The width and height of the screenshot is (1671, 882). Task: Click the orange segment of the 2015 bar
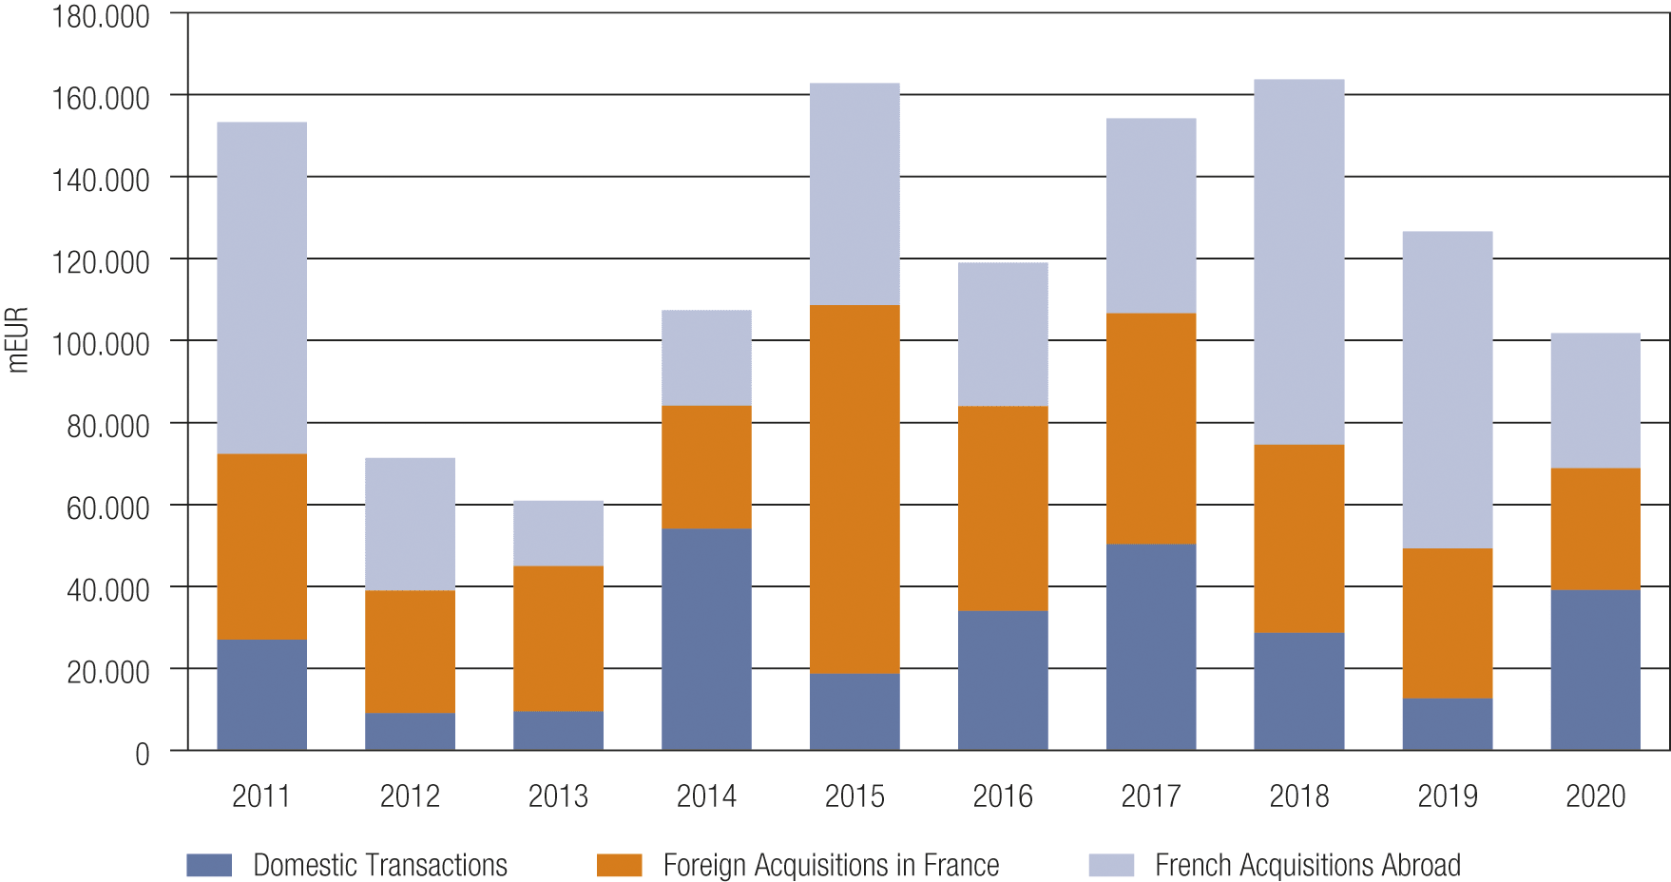(855, 489)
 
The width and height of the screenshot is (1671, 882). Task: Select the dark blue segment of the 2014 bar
(706, 639)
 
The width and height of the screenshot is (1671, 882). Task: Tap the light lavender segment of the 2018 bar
(1298, 261)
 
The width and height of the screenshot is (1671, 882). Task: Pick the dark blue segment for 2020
(1595, 670)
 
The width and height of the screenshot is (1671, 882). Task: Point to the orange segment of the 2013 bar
(558, 639)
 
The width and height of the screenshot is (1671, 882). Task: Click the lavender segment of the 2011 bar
(261, 288)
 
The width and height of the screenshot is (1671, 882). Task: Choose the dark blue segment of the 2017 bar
(1151, 646)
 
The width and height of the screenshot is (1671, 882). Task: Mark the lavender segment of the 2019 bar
(1447, 390)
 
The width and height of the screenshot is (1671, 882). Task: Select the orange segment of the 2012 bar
(410, 651)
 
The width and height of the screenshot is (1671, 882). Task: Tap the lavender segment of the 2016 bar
(1003, 335)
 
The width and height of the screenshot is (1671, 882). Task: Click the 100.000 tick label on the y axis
(101, 343)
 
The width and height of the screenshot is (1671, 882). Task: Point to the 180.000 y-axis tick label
(101, 16)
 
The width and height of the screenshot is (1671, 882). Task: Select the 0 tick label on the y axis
(142, 754)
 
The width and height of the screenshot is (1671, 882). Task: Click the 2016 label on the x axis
(1003, 796)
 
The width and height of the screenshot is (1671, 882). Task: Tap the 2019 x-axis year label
(1447, 796)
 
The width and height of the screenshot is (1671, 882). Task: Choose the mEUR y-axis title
(17, 339)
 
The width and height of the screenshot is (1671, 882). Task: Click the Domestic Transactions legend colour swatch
(209, 865)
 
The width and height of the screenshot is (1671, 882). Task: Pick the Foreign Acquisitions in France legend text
(831, 865)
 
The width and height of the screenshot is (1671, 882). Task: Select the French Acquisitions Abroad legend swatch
(1111, 865)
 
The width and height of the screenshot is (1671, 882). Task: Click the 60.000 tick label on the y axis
(107, 508)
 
